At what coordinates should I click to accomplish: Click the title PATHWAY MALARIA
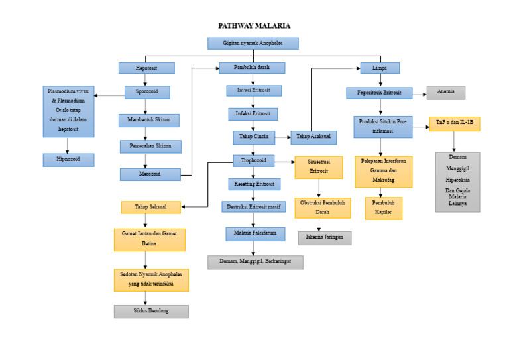pyautogui.click(x=254, y=26)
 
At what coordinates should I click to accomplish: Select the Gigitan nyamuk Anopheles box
pyautogui.click(x=253, y=43)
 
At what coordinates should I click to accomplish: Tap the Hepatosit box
pyautogui.click(x=146, y=68)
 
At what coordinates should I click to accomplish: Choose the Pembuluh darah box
pyautogui.click(x=252, y=68)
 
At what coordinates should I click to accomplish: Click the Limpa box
pyautogui.click(x=380, y=68)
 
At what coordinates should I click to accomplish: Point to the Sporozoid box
pyautogui.click(x=146, y=92)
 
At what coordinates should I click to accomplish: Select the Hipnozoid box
pyautogui.click(x=68, y=160)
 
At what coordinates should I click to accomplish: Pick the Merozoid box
pyautogui.click(x=150, y=174)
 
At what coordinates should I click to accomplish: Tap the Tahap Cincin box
pyautogui.click(x=253, y=137)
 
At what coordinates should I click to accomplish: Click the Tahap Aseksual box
pyautogui.click(x=313, y=137)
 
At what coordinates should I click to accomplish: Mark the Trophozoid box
pyautogui.click(x=253, y=160)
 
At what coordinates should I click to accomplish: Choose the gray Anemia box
pyautogui.click(x=445, y=93)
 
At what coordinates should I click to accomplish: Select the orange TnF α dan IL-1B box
pyautogui.click(x=455, y=123)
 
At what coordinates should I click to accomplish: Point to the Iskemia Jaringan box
pyautogui.click(x=324, y=238)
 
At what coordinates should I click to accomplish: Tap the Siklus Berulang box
pyautogui.click(x=151, y=312)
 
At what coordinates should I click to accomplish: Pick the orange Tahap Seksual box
pyautogui.click(x=151, y=207)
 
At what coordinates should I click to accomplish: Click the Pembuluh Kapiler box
pyautogui.click(x=383, y=208)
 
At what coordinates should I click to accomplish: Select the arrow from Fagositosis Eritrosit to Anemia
pyautogui.click(x=420, y=93)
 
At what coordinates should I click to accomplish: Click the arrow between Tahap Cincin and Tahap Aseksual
pyautogui.click(x=283, y=138)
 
